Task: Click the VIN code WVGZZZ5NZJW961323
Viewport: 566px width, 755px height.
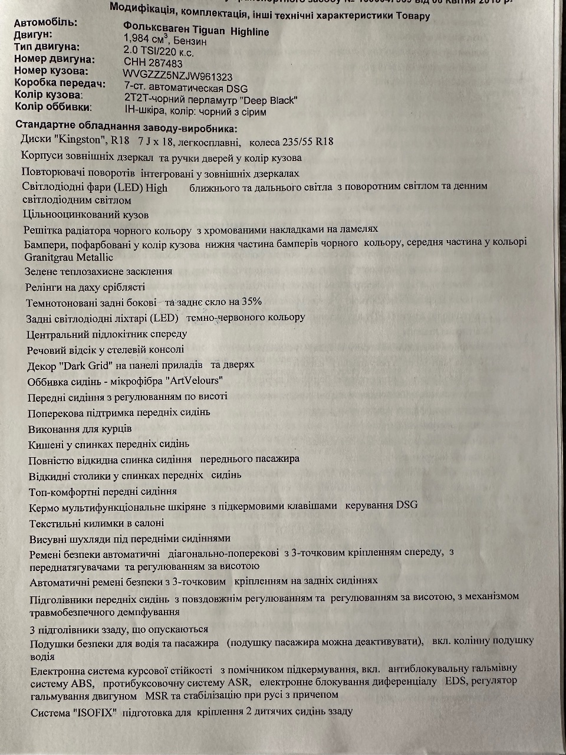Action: [x=177, y=75]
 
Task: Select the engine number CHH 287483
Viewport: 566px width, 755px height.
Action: [x=153, y=63]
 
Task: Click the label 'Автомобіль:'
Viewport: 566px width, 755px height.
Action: [x=45, y=22]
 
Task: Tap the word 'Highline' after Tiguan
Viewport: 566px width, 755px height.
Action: [x=249, y=31]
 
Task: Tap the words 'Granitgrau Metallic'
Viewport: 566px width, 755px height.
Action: [x=69, y=257]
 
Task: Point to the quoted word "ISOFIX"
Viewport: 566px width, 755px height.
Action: [x=96, y=712]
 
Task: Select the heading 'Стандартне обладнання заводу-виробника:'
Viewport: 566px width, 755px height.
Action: [x=126, y=126]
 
